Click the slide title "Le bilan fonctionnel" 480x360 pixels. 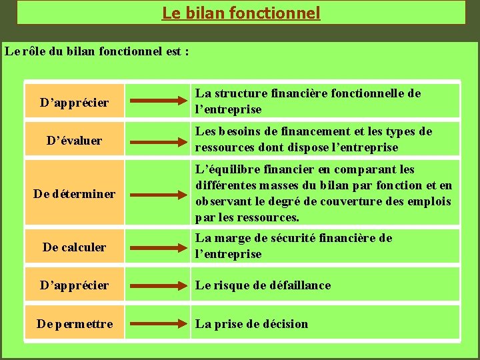coord(241,13)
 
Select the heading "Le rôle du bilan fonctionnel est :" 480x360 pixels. coord(97,51)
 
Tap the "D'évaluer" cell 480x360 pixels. coord(74,140)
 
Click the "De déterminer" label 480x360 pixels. coord(74,194)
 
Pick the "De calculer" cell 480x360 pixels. coord(74,247)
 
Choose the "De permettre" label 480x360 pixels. coord(74,324)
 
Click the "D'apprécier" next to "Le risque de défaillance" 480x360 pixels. coord(74,285)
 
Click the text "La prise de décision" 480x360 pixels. coord(251,324)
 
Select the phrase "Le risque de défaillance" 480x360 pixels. coord(263,285)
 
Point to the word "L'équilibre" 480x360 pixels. coord(223,169)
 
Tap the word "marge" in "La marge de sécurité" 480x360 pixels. coord(233,238)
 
